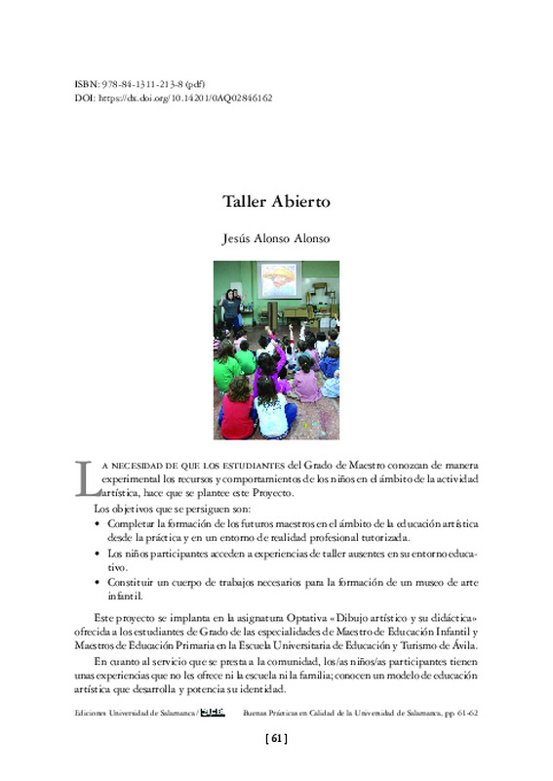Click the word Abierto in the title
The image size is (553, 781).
[303, 202]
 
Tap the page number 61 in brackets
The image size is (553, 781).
[276, 739]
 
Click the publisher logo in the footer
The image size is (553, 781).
[214, 713]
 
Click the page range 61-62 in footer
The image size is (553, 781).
[465, 714]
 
